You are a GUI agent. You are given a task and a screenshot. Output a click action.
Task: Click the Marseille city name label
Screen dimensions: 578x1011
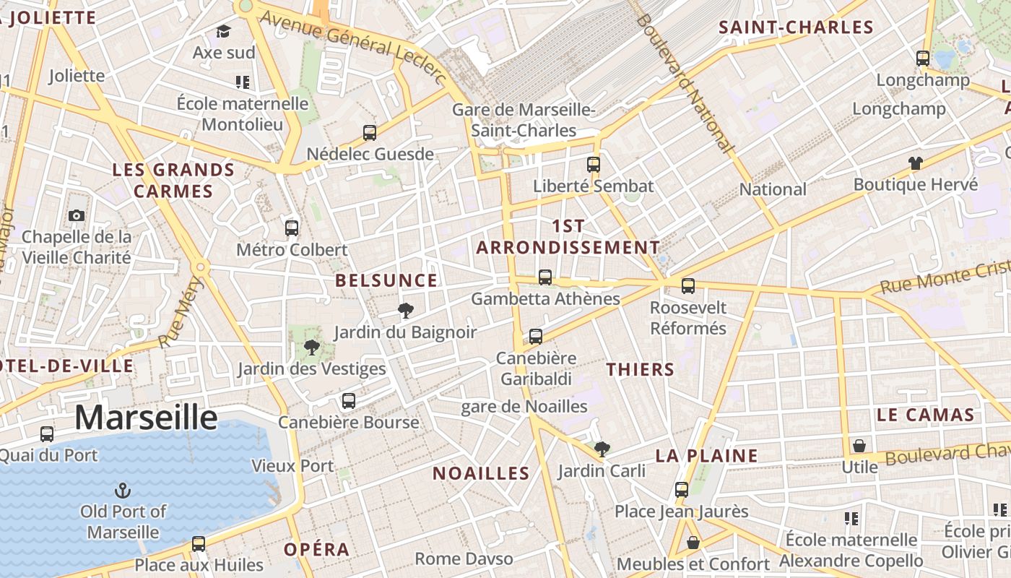pyautogui.click(x=146, y=418)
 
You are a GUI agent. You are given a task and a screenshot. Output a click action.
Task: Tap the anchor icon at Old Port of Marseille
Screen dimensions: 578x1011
pyautogui.click(x=123, y=491)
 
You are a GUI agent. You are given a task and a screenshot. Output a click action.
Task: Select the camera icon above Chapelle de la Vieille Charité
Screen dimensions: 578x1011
pyautogui.click(x=76, y=215)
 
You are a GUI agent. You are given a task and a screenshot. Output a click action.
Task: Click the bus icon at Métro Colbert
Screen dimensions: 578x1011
pyautogui.click(x=292, y=228)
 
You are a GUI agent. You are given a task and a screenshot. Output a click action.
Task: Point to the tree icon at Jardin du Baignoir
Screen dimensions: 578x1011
pyautogui.click(x=406, y=311)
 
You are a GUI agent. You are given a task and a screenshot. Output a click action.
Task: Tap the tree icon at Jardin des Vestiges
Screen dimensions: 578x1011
pyautogui.click(x=312, y=348)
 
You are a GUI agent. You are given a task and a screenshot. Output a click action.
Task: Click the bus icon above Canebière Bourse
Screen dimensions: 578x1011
pyautogui.click(x=349, y=401)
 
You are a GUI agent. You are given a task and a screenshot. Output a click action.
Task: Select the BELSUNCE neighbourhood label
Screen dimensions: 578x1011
pyautogui.click(x=386, y=280)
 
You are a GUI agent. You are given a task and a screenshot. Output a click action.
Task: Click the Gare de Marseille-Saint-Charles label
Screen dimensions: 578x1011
pyautogui.click(x=524, y=120)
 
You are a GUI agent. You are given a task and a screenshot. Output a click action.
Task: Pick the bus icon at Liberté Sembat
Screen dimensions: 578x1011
pyautogui.click(x=594, y=165)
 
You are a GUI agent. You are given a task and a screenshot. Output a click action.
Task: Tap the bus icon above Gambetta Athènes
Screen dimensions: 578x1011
pyautogui.click(x=545, y=277)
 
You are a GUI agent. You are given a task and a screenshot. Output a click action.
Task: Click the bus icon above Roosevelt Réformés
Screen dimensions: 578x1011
pyautogui.click(x=688, y=286)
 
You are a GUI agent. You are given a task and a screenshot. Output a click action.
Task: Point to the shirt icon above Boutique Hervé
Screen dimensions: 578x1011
pyautogui.click(x=916, y=163)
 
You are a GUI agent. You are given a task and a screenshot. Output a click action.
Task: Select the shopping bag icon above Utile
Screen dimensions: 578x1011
pyautogui.click(x=859, y=446)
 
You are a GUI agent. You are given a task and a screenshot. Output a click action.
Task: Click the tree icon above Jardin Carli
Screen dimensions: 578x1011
pyautogui.click(x=602, y=449)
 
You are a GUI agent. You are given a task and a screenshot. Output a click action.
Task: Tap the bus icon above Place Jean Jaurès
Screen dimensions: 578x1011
pyautogui.click(x=682, y=490)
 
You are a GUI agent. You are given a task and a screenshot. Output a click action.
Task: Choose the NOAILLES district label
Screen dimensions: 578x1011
pyautogui.click(x=481, y=473)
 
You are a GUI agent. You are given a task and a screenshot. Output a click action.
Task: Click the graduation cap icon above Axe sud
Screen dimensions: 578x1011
pyautogui.click(x=223, y=32)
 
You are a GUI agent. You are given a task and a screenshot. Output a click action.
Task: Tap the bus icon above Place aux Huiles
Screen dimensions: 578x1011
pyautogui.click(x=199, y=544)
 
